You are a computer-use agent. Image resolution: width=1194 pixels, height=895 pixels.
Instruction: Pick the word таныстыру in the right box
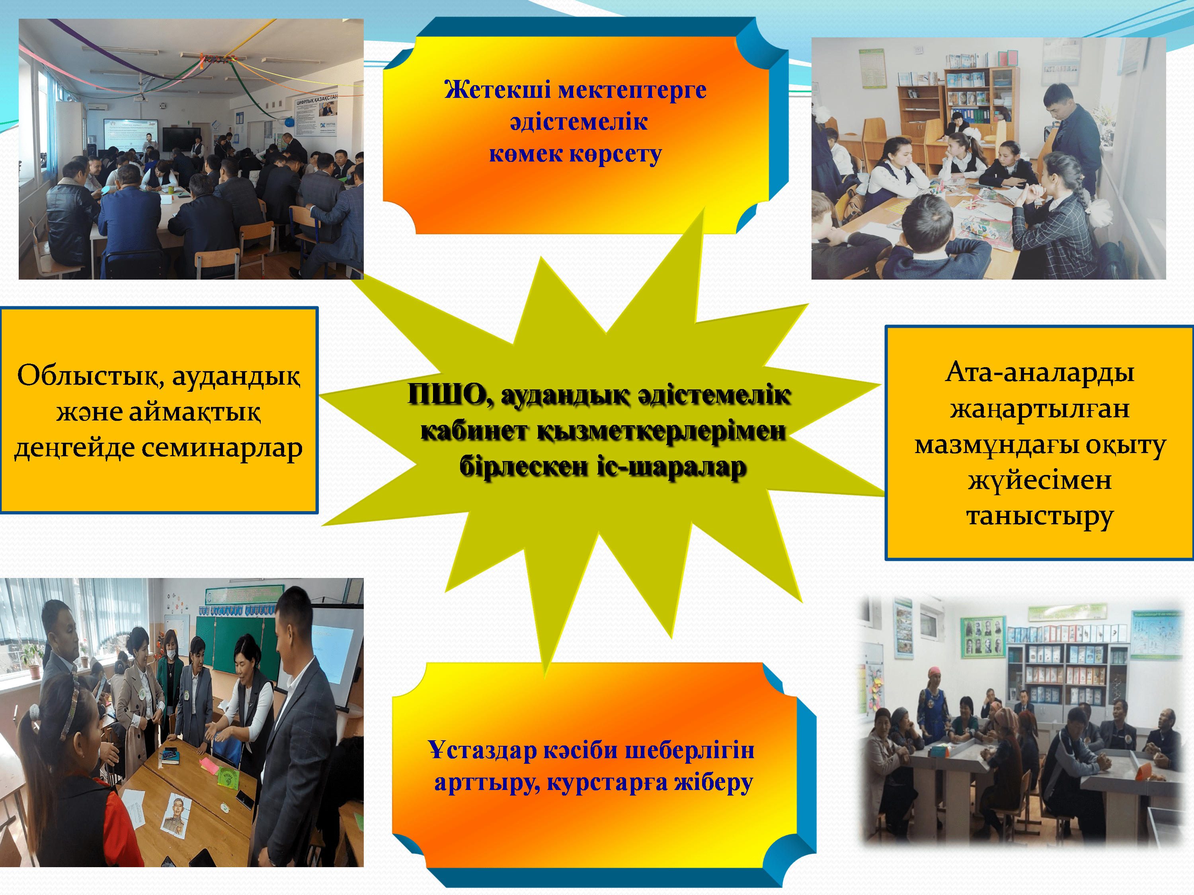1040,516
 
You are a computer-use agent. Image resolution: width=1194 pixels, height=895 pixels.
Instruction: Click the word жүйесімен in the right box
1040,480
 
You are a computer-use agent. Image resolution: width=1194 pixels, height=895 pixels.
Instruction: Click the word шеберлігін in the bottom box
688,750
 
